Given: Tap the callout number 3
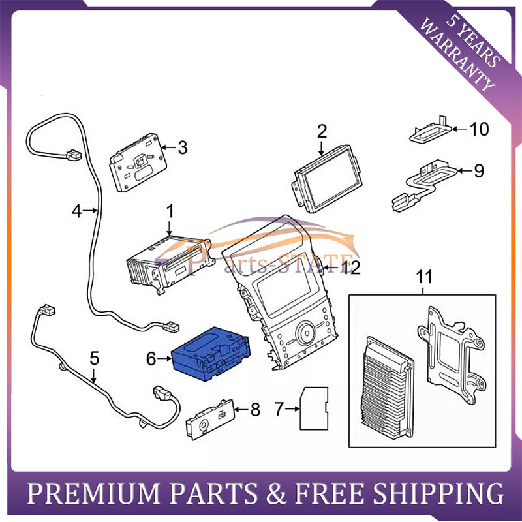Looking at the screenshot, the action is [183, 147].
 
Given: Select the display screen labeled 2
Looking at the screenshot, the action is [328, 179].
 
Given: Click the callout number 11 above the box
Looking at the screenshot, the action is [424, 277].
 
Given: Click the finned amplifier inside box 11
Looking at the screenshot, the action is [388, 387].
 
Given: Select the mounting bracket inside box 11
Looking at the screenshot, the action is [451, 354].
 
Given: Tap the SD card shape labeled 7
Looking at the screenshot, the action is [314, 408].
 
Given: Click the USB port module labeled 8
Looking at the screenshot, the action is [210, 419].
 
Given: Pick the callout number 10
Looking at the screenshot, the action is [479, 129].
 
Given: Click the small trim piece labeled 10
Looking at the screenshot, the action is [431, 130].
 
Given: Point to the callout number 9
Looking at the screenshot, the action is [479, 171].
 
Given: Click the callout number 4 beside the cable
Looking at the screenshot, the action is [77, 211].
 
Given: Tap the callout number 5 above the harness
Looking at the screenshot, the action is [95, 358].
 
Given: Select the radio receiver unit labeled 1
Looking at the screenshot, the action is [169, 264].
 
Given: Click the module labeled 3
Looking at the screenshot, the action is [138, 162].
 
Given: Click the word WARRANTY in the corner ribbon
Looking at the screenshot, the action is [457, 55].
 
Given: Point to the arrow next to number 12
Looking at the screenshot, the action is [331, 268].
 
